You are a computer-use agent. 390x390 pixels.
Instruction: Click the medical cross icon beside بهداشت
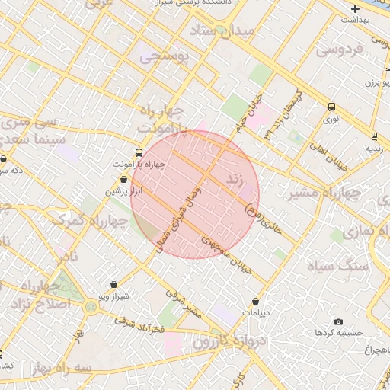click(356, 8)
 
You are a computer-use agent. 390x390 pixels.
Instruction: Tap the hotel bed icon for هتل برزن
click(387, 71)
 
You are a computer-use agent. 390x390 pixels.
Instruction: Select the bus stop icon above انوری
click(331, 107)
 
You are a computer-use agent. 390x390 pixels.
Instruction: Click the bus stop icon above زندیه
click(374, 136)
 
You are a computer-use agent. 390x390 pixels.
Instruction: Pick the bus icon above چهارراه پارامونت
click(138, 152)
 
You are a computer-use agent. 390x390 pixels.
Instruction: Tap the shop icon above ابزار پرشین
click(123, 180)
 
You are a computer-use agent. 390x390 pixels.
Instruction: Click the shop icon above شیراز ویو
click(114, 284)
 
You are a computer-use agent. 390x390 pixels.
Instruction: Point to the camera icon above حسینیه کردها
click(339, 322)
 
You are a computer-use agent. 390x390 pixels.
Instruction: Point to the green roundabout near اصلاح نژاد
click(91, 308)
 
